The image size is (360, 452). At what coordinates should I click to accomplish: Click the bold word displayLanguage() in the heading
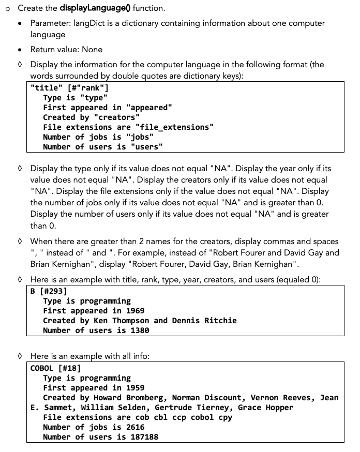tap(97, 8)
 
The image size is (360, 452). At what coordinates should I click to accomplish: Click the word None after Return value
tap(92, 50)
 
